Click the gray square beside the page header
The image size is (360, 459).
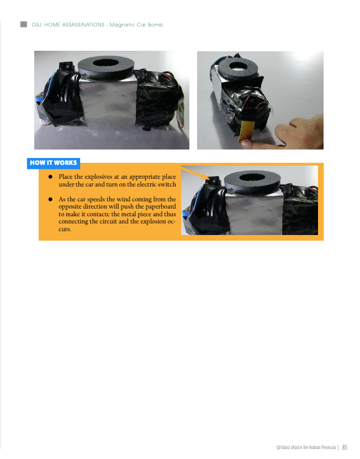tap(24, 24)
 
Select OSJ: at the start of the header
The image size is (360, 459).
tap(37, 25)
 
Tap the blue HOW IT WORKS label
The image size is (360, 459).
tap(54, 163)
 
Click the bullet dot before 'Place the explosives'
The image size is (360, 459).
tap(50, 177)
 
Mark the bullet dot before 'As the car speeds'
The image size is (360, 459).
tap(50, 199)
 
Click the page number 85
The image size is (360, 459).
tap(345, 447)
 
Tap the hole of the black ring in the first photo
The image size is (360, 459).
tap(105, 63)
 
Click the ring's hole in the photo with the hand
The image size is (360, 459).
tap(239, 66)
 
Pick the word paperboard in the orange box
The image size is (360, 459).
tap(161, 207)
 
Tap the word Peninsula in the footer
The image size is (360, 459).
tap(329, 447)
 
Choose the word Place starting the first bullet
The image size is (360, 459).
tap(65, 177)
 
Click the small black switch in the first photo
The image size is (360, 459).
tap(68, 66)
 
